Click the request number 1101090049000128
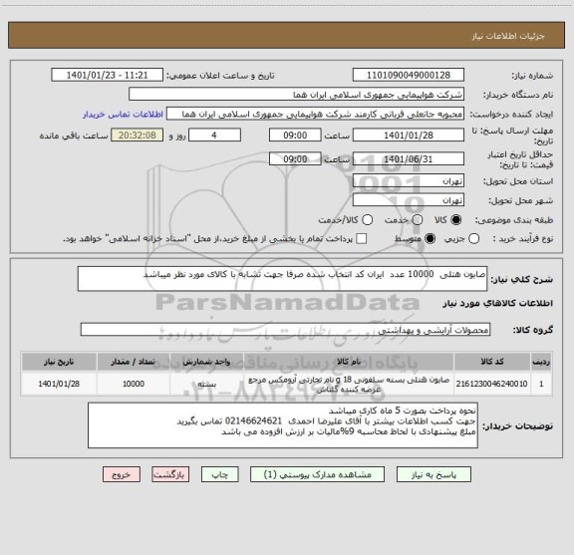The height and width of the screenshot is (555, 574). [x=410, y=75]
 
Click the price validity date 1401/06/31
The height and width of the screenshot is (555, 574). [x=410, y=158]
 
